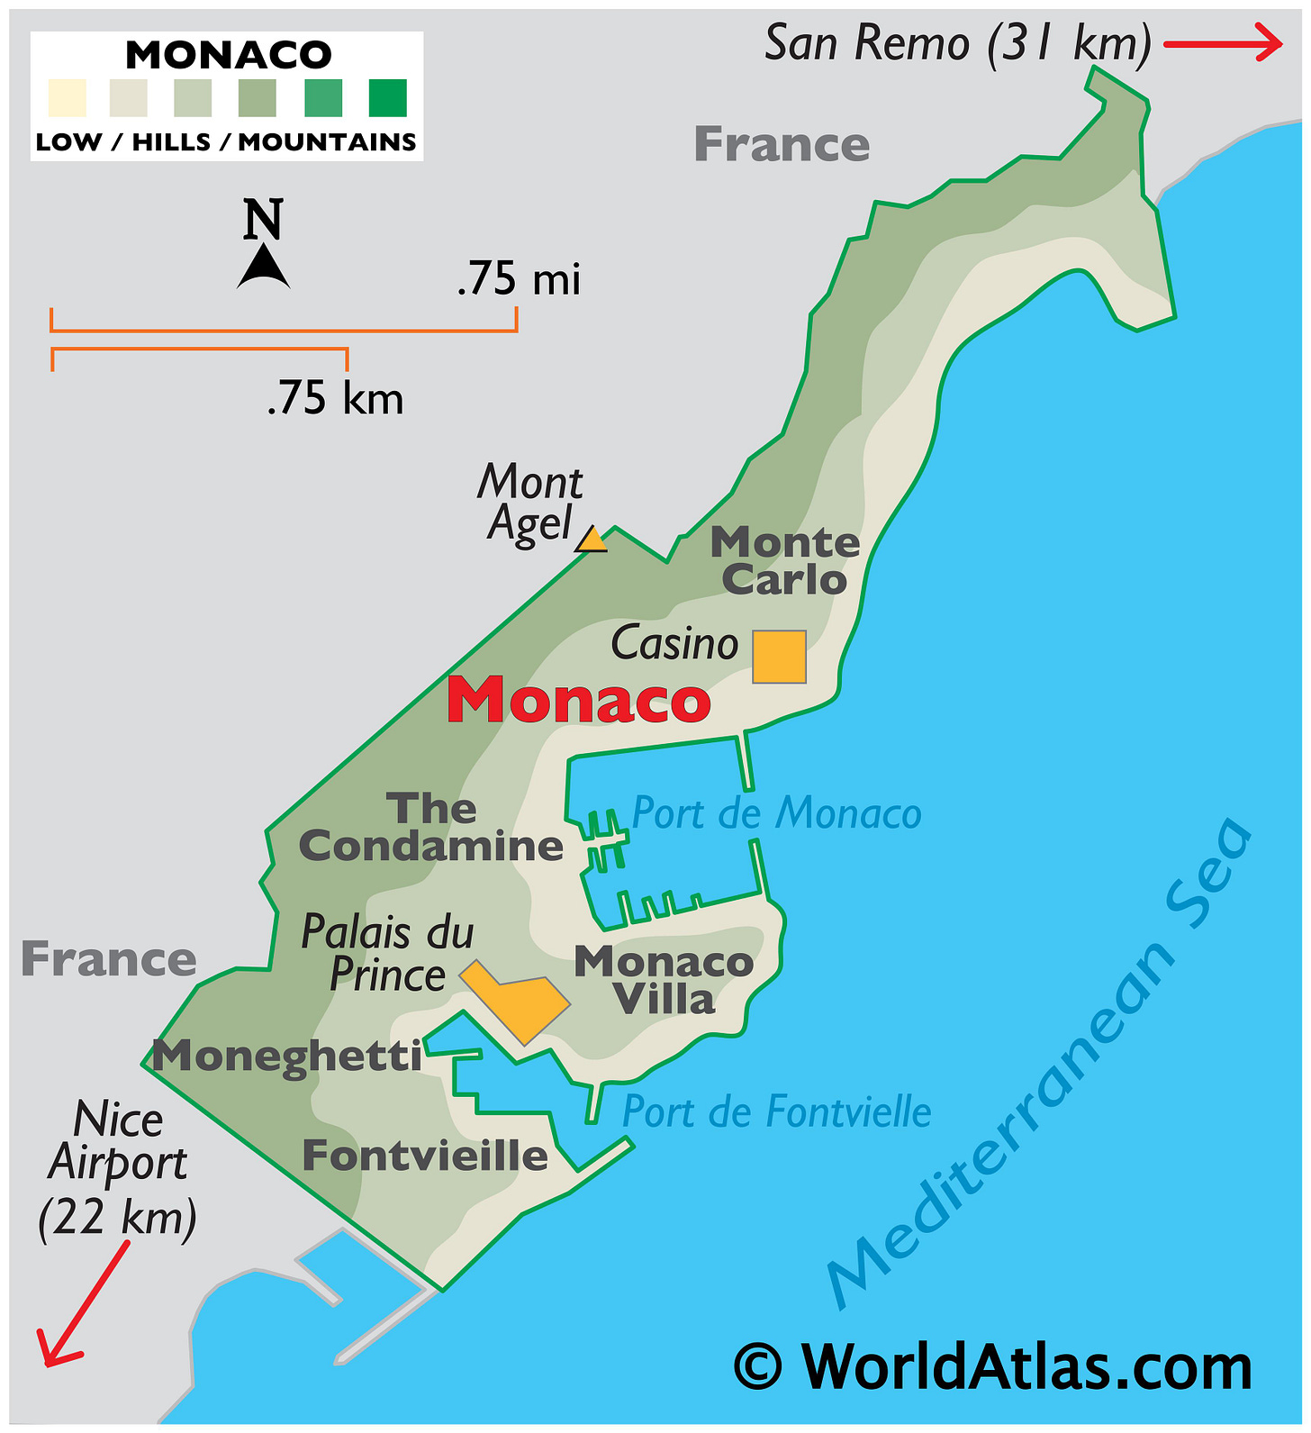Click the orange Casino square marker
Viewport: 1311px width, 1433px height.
point(779,657)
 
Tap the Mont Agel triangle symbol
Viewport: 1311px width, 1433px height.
point(592,540)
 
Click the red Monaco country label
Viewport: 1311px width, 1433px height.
point(579,701)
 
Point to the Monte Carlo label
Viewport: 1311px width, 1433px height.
point(785,561)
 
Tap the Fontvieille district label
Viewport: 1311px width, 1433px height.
point(425,1156)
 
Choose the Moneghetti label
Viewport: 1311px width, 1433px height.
point(287,1056)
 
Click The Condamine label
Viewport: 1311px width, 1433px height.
point(431,828)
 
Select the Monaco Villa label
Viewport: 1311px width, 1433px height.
point(665,981)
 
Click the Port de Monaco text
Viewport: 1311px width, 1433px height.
point(777,813)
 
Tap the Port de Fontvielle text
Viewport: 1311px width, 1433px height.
point(777,1112)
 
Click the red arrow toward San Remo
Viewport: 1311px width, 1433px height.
point(1223,43)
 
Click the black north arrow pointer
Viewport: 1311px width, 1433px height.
point(263,268)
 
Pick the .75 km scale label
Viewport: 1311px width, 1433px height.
point(335,398)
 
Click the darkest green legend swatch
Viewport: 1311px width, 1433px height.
point(388,98)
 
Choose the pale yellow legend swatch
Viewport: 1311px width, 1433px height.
point(68,98)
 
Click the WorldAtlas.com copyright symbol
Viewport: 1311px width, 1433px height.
point(758,1366)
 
